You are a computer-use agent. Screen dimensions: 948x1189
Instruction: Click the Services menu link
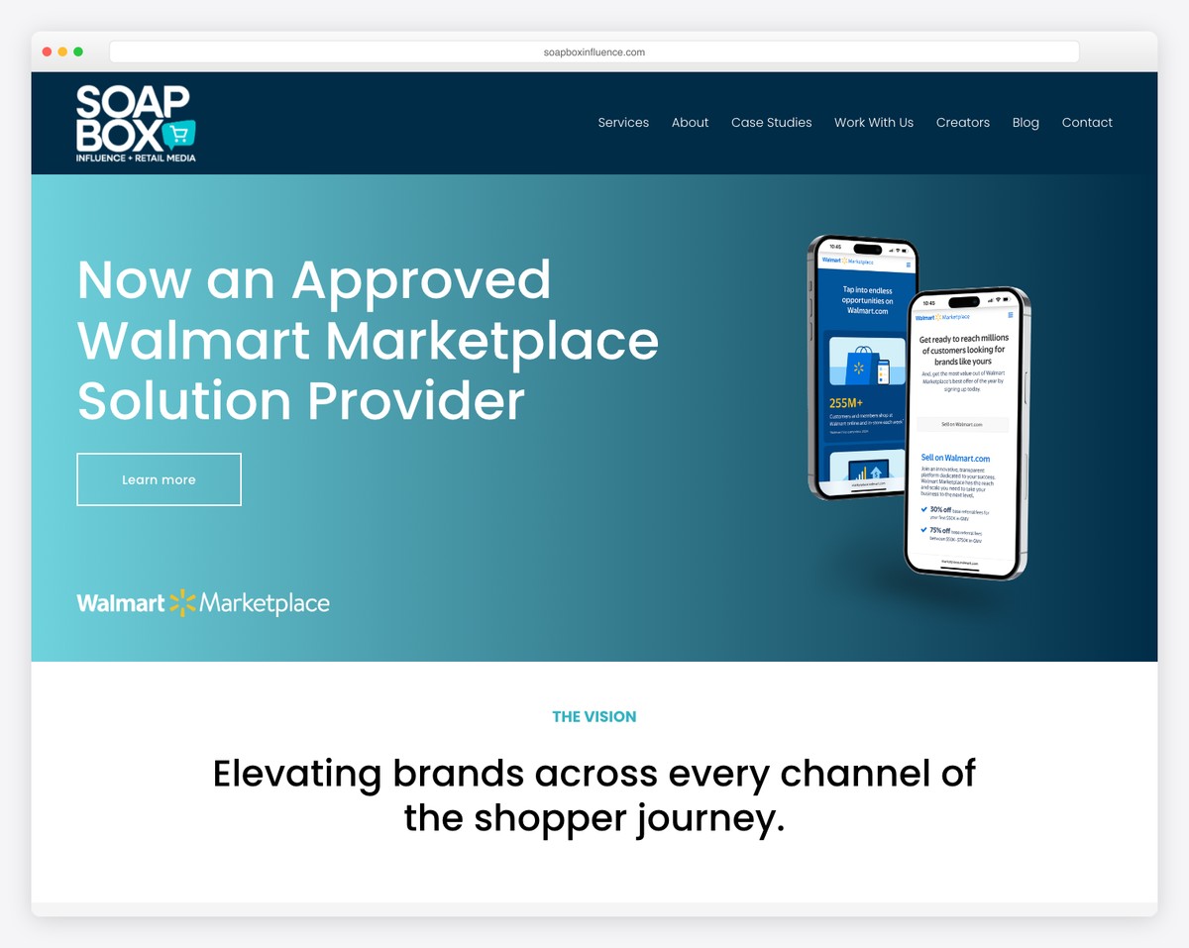coord(623,123)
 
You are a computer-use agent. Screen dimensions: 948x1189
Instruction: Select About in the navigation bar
coord(690,123)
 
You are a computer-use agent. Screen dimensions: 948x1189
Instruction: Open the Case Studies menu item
coord(771,123)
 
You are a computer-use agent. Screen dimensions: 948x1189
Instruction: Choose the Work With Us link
coord(873,123)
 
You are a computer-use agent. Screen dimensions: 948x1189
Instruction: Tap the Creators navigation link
coord(962,123)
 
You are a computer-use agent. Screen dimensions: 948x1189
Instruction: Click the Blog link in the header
coord(1026,123)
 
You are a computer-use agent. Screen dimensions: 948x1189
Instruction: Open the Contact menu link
coord(1087,123)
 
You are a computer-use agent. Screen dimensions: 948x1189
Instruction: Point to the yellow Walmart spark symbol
coord(182,602)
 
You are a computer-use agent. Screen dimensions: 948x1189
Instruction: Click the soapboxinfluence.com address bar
coord(594,53)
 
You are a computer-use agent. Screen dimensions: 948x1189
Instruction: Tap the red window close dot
coord(47,52)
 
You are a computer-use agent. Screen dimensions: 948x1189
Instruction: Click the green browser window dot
coord(78,52)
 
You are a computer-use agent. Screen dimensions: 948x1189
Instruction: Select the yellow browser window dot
coord(62,52)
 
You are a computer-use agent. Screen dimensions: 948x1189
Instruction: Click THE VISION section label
coord(594,716)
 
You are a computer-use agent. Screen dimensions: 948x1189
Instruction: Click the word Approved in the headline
coord(421,280)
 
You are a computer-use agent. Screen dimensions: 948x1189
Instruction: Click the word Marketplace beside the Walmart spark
coord(265,602)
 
